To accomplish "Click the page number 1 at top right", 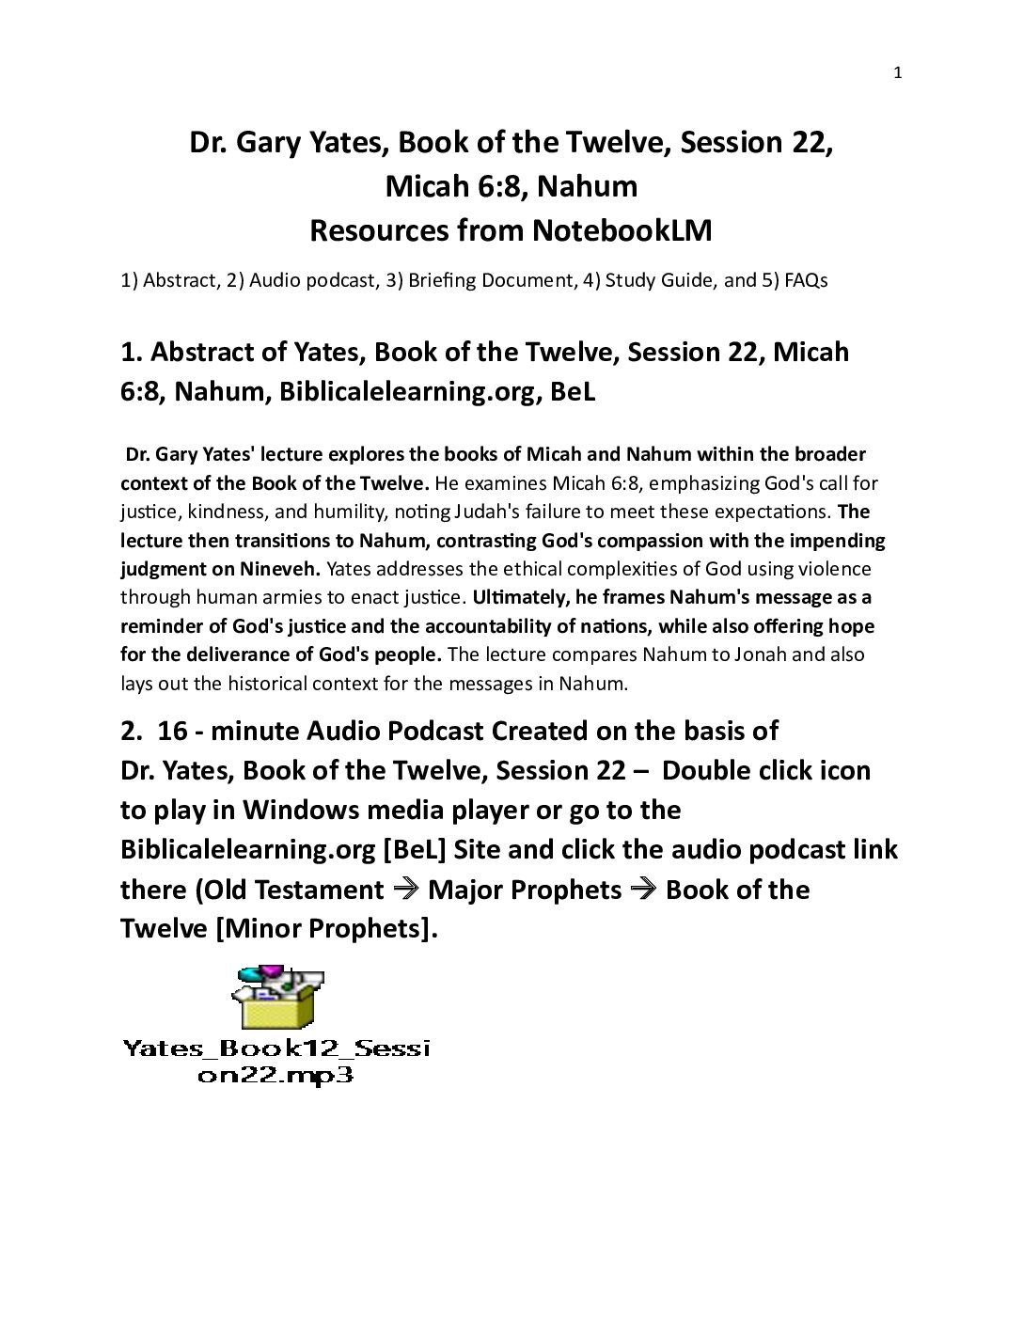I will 897,74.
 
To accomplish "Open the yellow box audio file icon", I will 276,1001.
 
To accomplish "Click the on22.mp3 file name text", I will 275,1076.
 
